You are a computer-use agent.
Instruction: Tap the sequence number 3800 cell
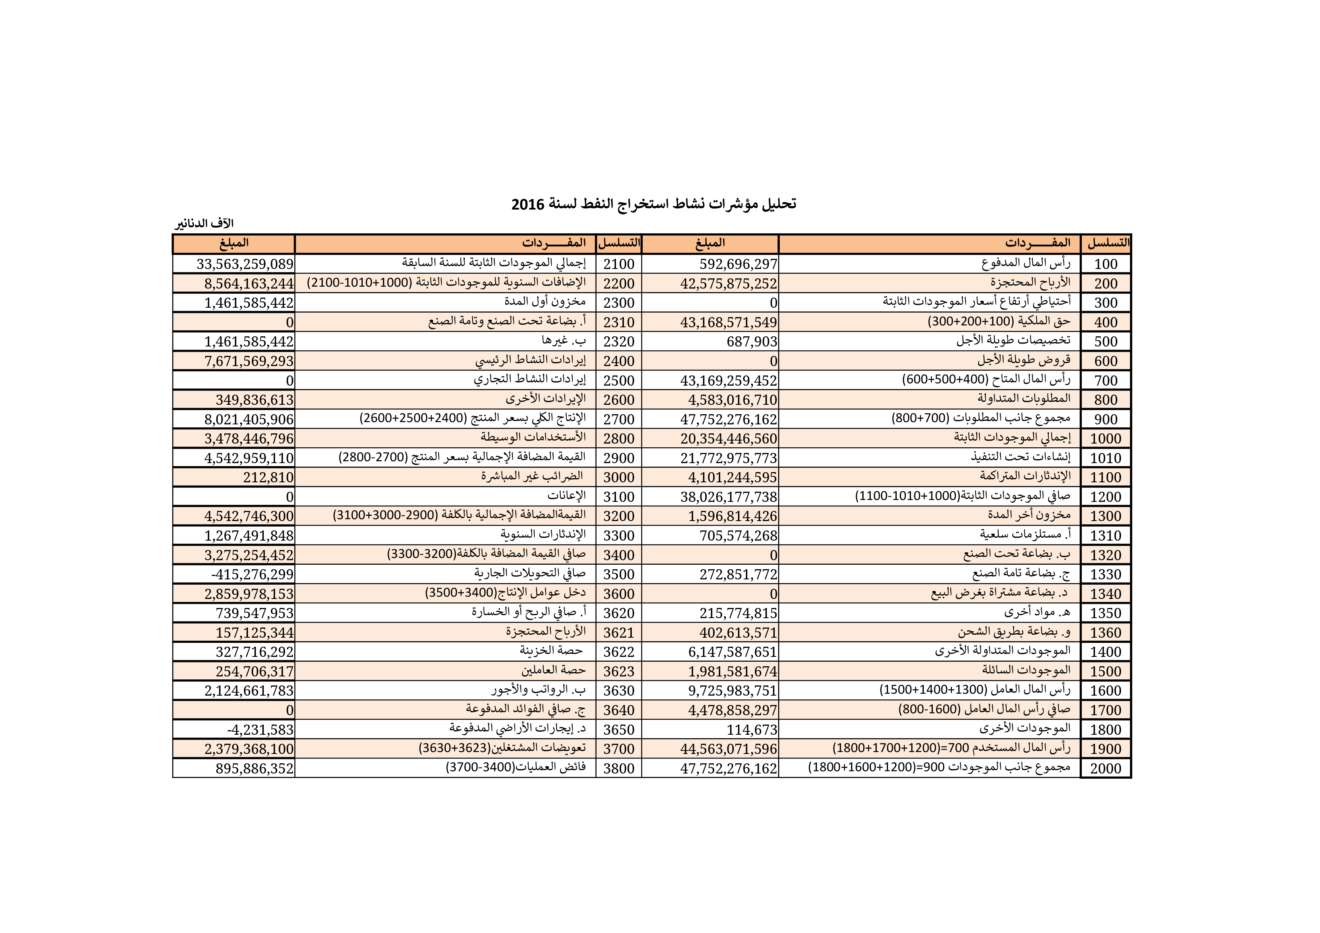coord(619,769)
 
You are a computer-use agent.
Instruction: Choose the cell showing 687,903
coord(752,342)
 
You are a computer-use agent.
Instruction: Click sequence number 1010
coord(1105,458)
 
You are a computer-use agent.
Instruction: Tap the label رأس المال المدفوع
coord(1026,264)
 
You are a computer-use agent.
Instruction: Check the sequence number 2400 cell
coord(619,361)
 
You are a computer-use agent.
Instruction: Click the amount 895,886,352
coord(255,769)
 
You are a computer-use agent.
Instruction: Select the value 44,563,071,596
coord(728,749)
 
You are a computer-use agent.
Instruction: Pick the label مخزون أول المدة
coord(544,302)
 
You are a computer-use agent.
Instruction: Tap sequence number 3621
coord(619,633)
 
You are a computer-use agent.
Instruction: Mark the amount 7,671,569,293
coord(249,361)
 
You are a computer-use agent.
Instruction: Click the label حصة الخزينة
coord(551,651)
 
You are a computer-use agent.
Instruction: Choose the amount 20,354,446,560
coord(728,439)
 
